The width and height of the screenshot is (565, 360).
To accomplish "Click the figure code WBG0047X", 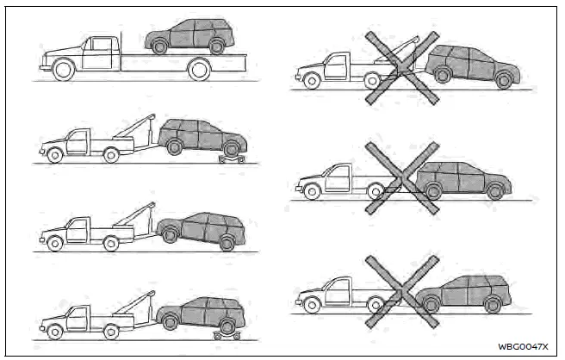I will pos(521,346).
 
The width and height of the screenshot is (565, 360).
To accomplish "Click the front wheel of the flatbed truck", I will pos(63,70).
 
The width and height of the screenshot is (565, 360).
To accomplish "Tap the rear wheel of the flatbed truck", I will pos(199,69).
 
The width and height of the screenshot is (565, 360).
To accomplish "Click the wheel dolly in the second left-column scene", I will pos(231,158).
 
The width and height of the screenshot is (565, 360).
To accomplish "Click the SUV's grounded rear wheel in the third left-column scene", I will pos(227,243).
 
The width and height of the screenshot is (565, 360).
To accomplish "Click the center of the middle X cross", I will pos(402,177).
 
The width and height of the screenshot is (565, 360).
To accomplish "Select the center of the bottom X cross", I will pos(402,291).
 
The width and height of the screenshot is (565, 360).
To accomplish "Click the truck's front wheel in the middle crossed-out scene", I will pos(311,191).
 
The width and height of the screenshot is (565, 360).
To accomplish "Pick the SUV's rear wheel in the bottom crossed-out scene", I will pos(493,304).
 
